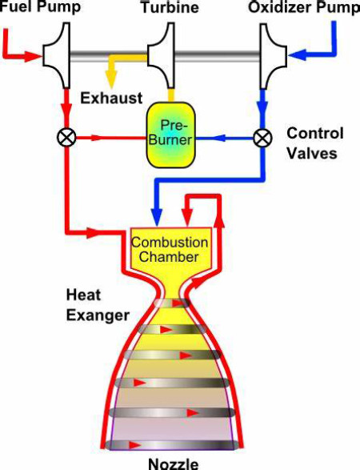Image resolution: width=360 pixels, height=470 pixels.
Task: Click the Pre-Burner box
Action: point(170,135)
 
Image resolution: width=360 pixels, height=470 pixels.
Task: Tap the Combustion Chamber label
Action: point(170,249)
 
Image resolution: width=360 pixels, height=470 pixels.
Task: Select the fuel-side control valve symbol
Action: point(66,138)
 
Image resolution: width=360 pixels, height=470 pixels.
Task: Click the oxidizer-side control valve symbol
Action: point(262,138)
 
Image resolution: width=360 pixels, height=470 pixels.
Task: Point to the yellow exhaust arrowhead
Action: point(111,80)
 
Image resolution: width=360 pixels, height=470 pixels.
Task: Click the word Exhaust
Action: point(111,98)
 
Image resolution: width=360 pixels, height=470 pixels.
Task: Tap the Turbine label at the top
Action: point(170,7)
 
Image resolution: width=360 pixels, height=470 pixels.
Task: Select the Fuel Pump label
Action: point(41,6)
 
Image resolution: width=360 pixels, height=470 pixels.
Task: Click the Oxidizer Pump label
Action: point(304,7)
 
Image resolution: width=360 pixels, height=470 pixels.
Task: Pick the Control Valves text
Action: point(315,143)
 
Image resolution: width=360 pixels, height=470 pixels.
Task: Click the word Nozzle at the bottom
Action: point(173,464)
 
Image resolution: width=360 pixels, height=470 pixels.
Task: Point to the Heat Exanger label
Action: point(98,305)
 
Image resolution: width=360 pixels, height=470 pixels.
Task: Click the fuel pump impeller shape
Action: point(56,56)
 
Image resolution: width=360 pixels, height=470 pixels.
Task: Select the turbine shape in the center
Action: point(160,56)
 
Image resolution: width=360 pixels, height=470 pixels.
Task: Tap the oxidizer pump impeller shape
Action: point(273,56)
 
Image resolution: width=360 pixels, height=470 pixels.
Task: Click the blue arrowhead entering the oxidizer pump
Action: point(298,55)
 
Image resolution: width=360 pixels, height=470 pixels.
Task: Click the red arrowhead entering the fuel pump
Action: point(32,56)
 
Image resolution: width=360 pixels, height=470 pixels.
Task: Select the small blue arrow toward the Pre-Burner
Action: point(219,139)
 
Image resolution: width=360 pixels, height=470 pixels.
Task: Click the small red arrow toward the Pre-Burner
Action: point(98,138)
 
